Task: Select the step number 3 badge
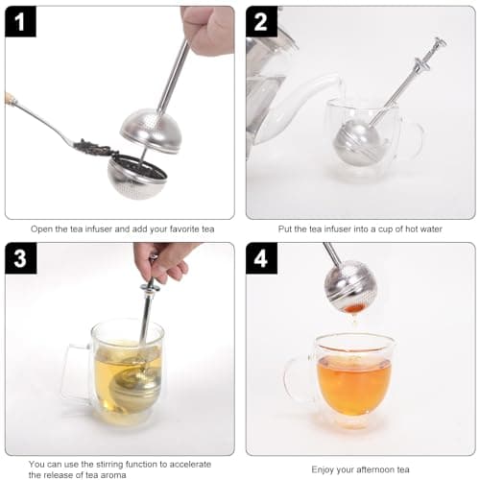click(20, 258)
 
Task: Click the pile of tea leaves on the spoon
click(95, 147)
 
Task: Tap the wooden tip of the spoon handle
click(12, 98)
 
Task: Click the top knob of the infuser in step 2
click(440, 43)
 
